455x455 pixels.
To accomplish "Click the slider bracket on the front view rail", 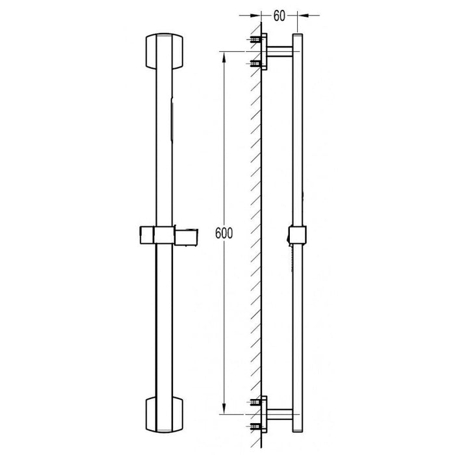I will coord(156,235).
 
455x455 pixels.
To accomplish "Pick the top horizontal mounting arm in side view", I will coord(280,52).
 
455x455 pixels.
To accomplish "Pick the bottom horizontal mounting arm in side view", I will coord(280,412).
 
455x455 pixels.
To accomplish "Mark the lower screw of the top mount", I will coord(255,63).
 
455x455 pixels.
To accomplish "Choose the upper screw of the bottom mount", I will coord(255,401).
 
